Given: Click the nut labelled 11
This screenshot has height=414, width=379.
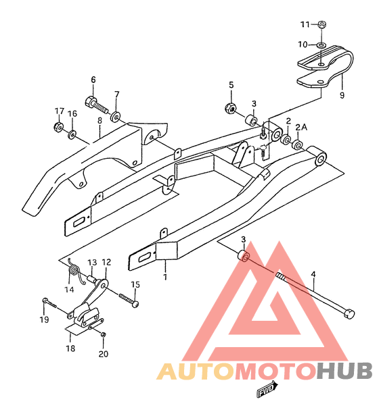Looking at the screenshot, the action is click(x=321, y=24).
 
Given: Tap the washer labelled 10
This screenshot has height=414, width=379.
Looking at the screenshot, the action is click(x=321, y=45).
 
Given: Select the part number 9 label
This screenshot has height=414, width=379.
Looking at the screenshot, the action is click(x=342, y=95).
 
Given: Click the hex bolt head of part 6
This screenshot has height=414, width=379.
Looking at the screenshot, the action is click(x=91, y=102).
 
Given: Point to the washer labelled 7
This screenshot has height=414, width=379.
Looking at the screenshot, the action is click(x=116, y=117).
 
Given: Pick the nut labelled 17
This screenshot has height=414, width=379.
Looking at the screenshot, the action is click(x=58, y=127).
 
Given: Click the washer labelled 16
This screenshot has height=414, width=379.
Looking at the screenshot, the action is click(x=72, y=134).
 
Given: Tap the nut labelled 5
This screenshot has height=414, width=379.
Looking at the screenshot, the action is click(x=230, y=107).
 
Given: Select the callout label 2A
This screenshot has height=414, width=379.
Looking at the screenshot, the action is click(x=301, y=128).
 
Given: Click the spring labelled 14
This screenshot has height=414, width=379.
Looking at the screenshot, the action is click(x=74, y=272).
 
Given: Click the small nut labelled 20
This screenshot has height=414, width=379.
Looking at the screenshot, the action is click(x=104, y=334).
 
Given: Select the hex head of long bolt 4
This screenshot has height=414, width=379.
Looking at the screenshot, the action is click(x=349, y=313).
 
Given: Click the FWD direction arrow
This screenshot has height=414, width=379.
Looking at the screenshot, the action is click(x=268, y=389).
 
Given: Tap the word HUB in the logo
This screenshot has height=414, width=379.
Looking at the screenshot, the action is click(x=345, y=371).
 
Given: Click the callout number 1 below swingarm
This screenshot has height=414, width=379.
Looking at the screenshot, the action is click(x=165, y=278).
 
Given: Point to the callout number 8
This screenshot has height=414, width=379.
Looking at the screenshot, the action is click(x=99, y=120).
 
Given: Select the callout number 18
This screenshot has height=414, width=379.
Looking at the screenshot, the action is click(x=70, y=348).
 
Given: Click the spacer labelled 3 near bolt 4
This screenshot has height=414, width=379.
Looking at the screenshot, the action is click(x=243, y=256).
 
